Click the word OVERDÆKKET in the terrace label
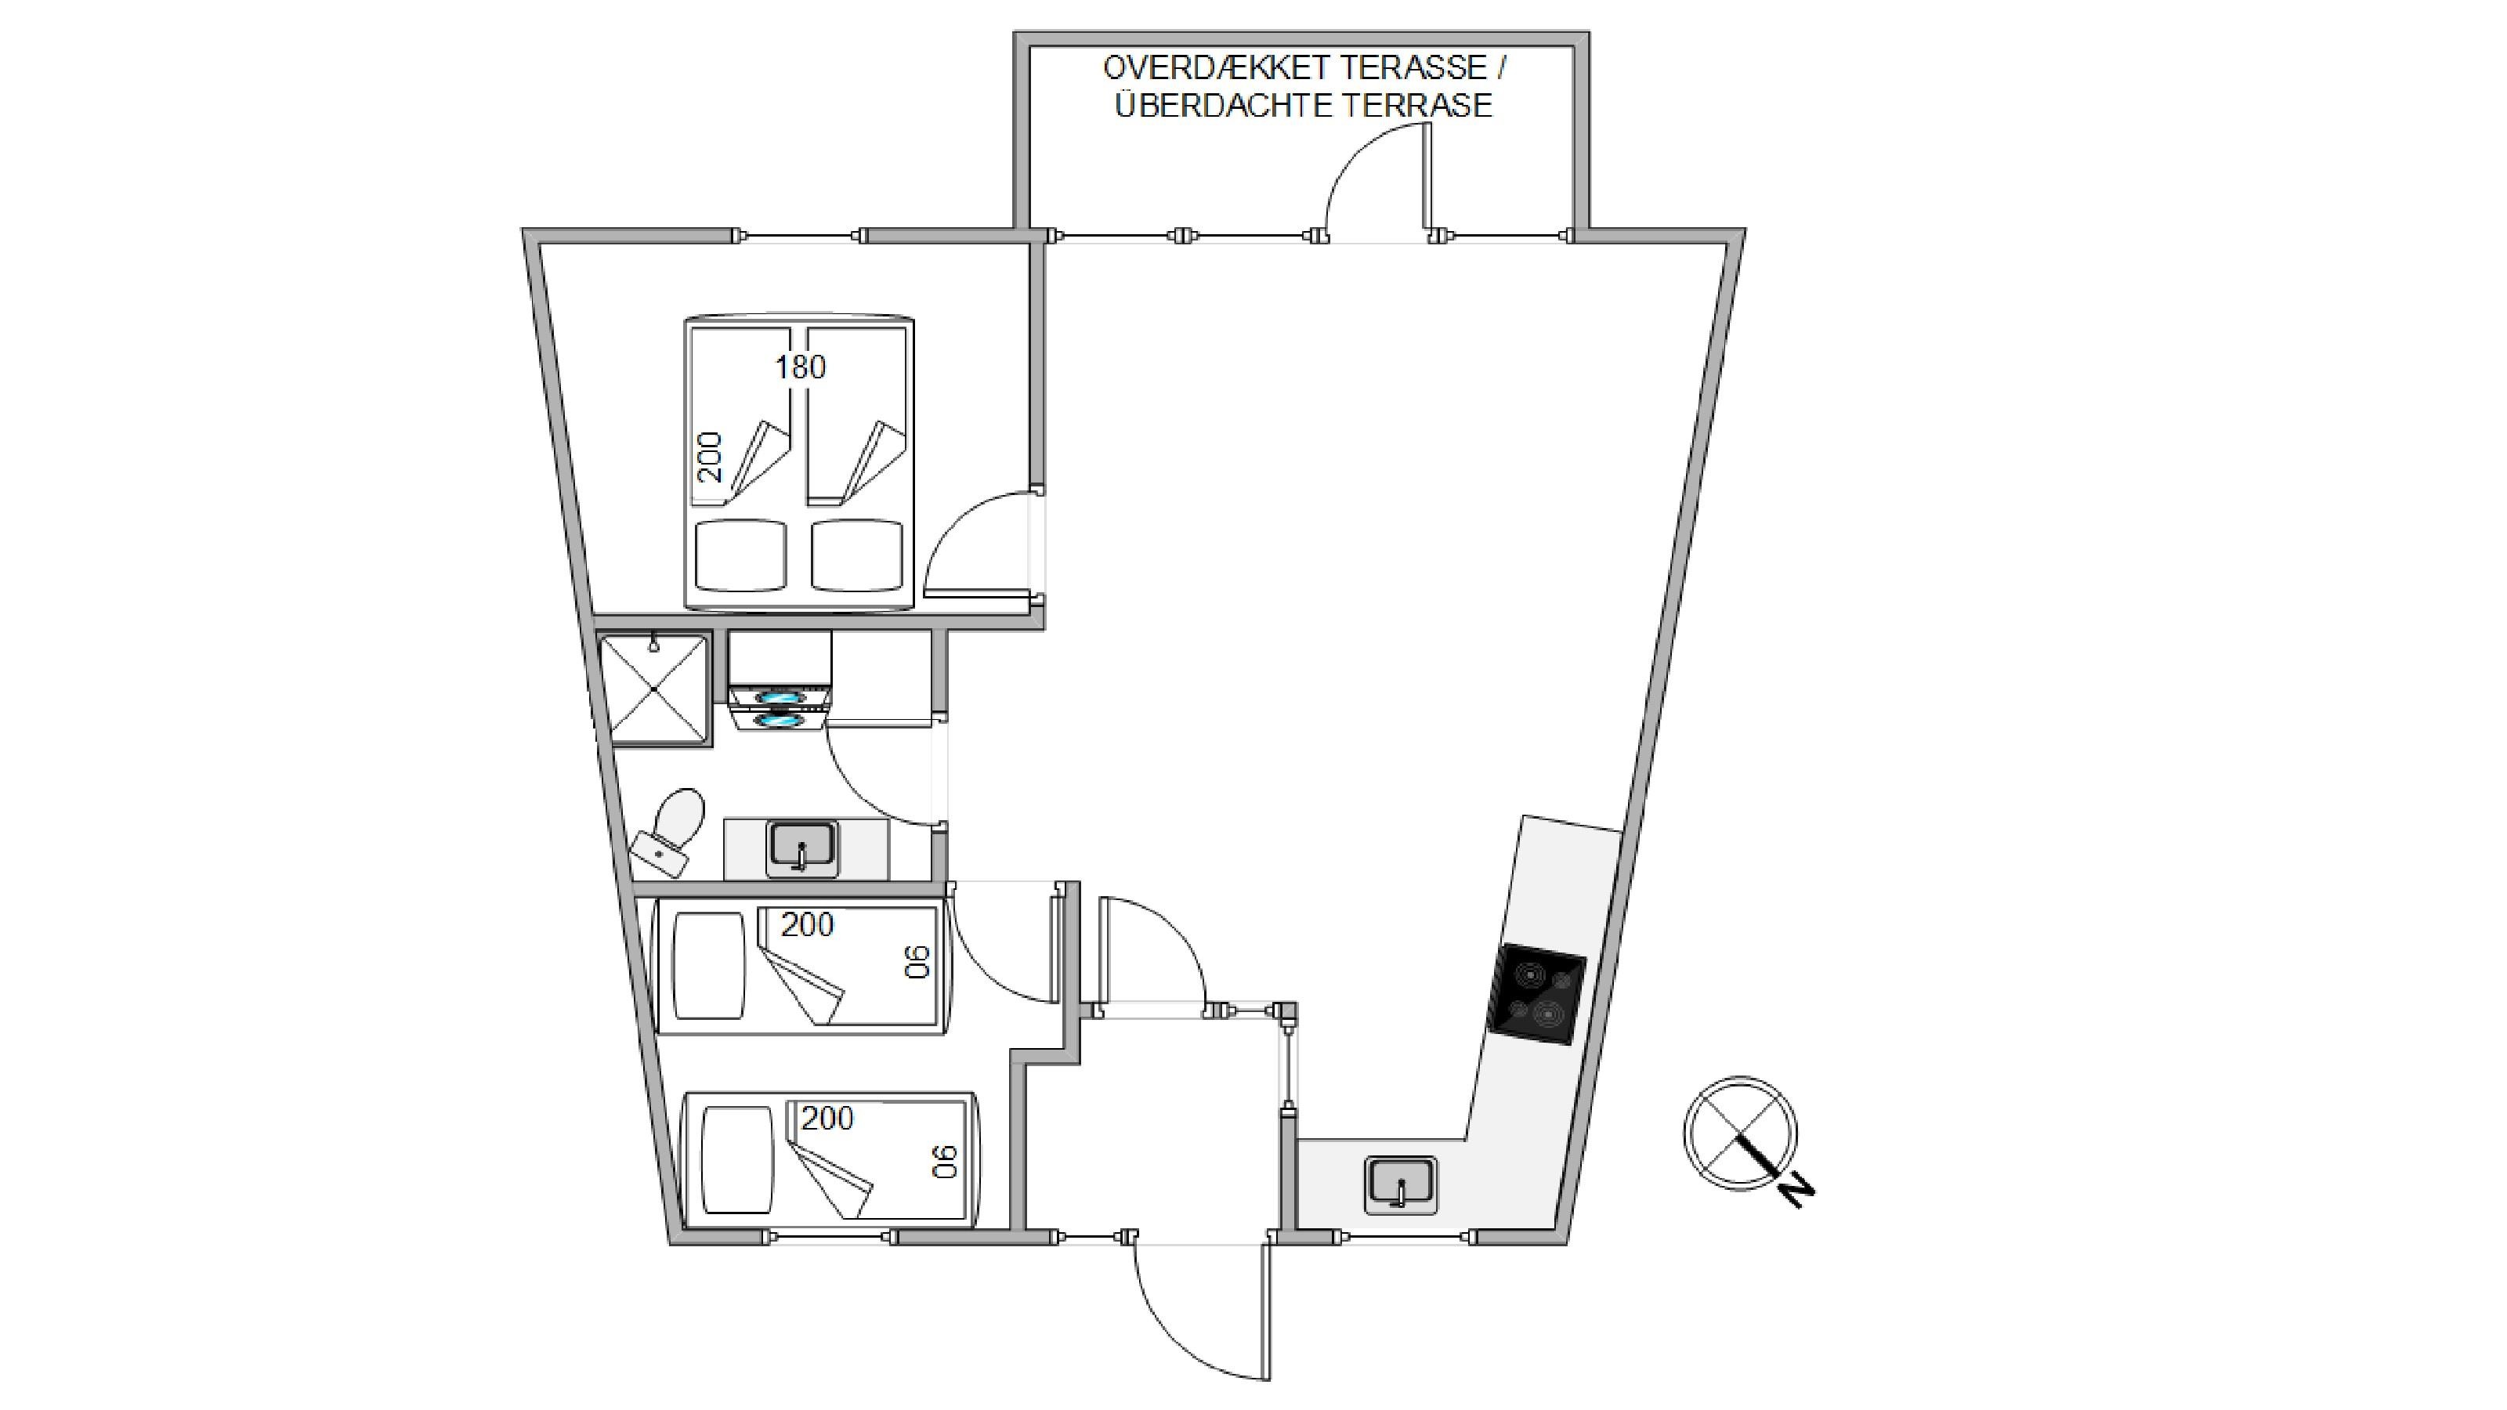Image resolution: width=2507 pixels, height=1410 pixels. coord(1216,68)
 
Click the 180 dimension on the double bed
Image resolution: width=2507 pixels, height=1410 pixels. coord(800,367)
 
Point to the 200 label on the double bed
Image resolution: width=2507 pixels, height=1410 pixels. coord(711,457)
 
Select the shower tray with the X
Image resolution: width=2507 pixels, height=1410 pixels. coord(654,690)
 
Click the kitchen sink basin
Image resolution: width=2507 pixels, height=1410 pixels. coord(1402,1184)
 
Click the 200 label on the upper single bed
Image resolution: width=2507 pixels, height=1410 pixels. coord(808,924)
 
